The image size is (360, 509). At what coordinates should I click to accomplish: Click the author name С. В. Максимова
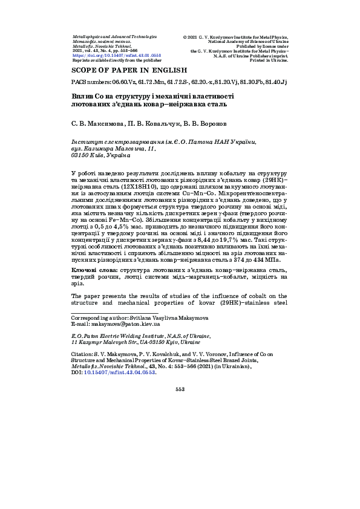pyautogui.click(x=97, y=123)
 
